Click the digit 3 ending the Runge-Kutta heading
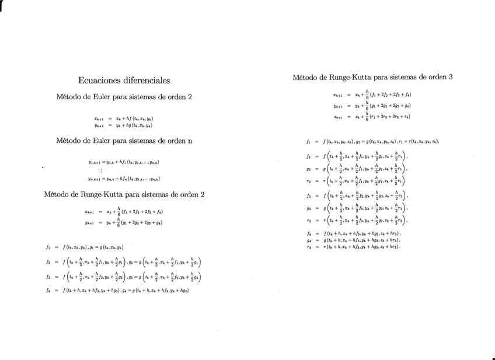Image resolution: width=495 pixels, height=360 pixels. [451, 76]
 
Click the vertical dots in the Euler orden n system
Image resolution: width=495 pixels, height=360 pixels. [102, 171]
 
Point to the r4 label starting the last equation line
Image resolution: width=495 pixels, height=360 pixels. [308, 247]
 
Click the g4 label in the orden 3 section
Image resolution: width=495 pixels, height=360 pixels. [308, 240]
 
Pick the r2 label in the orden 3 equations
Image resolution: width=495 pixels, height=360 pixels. [308, 181]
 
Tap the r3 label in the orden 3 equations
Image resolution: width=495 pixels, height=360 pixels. [308, 221]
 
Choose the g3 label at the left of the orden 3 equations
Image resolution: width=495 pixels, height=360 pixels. [308, 208]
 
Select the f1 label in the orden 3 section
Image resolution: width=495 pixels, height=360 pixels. [308, 142]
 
